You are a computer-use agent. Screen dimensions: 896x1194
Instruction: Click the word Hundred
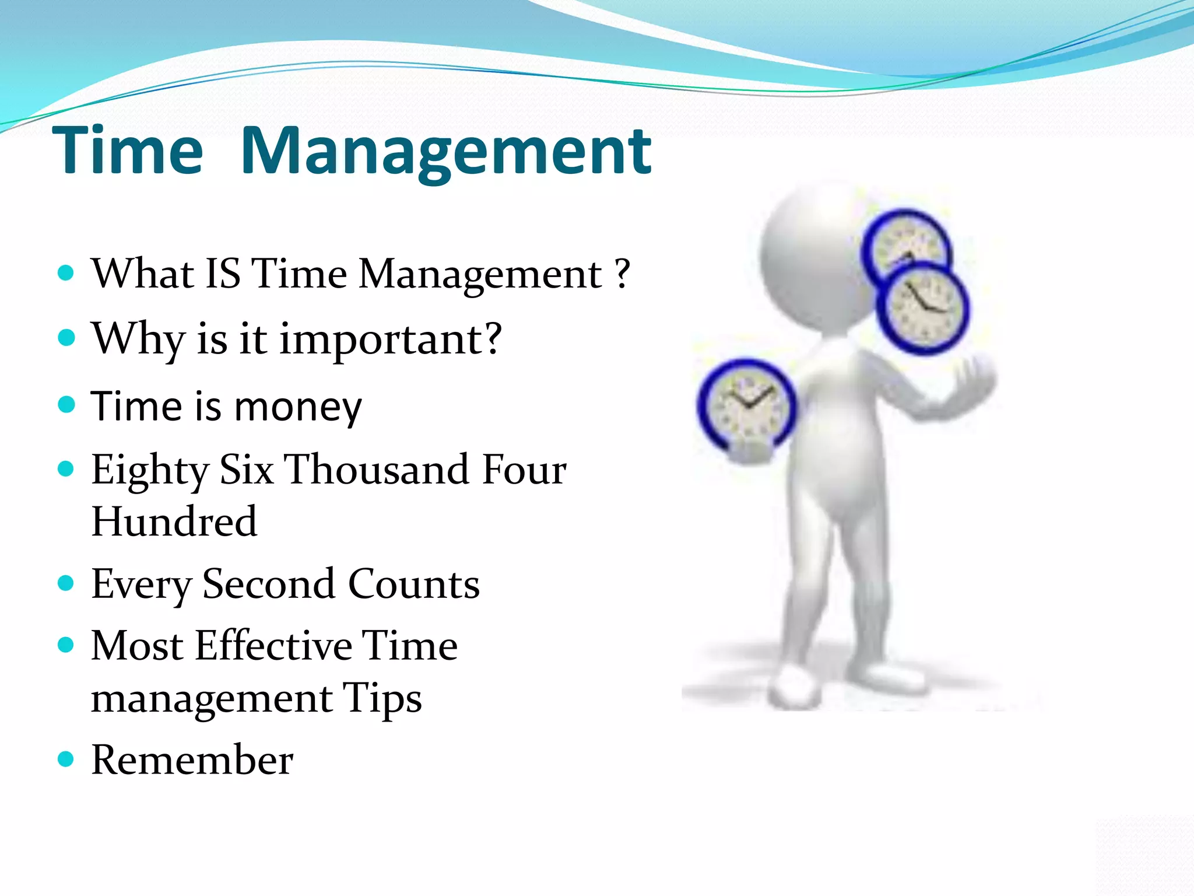click(x=174, y=521)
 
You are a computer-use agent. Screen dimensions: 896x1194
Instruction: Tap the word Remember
click(x=192, y=759)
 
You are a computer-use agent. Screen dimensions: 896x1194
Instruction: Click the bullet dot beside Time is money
click(x=66, y=404)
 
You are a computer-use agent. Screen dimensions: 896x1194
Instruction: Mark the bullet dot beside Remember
click(x=66, y=758)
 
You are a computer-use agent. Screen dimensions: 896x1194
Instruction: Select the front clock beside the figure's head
click(x=923, y=308)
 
